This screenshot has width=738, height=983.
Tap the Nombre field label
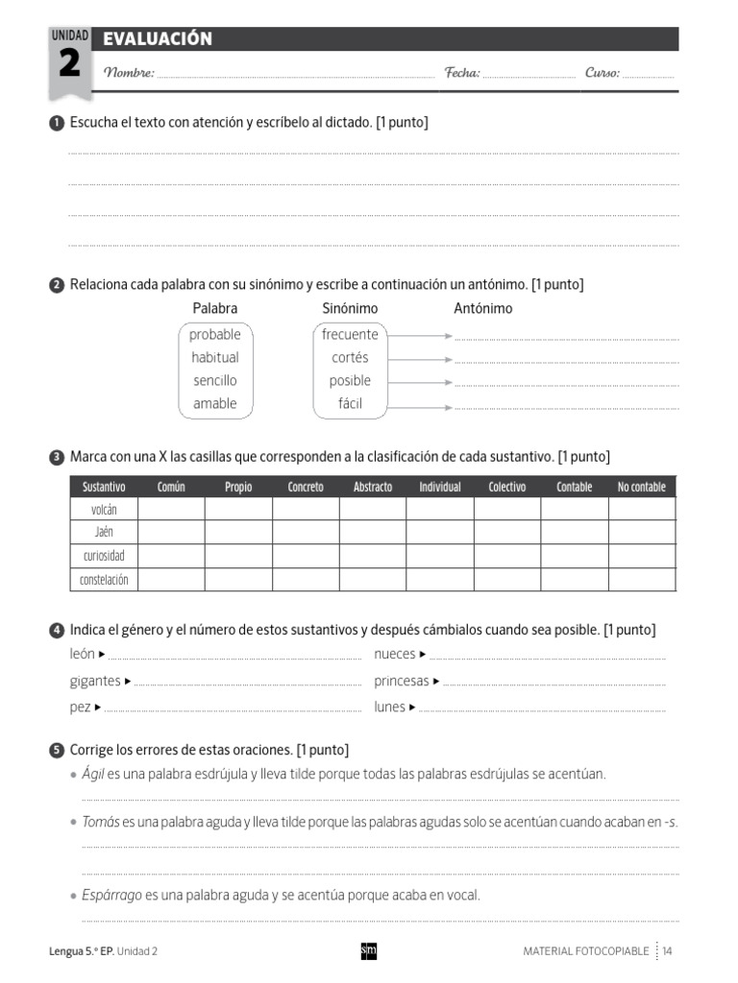pyautogui.click(x=129, y=73)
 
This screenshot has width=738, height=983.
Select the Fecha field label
pyautogui.click(x=461, y=73)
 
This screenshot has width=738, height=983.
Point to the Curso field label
pyautogui.click(x=603, y=73)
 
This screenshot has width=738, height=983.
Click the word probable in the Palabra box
pyautogui.click(x=215, y=334)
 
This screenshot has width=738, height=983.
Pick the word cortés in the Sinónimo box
pyautogui.click(x=350, y=357)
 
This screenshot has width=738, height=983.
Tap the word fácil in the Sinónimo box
pyautogui.click(x=350, y=403)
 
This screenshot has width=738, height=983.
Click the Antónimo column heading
pyautogui.click(x=482, y=308)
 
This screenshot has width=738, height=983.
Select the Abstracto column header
pyautogui.click(x=373, y=487)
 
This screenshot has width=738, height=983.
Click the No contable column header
pyautogui.click(x=641, y=487)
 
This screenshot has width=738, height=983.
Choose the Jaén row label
pyautogui.click(x=104, y=532)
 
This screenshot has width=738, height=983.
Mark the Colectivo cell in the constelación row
pyautogui.click(x=507, y=579)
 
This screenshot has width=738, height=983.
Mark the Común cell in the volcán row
pyautogui.click(x=171, y=509)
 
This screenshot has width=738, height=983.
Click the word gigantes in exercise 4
pyautogui.click(x=95, y=681)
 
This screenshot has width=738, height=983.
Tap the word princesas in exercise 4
pyautogui.click(x=402, y=681)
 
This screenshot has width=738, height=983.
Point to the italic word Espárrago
pyautogui.click(x=111, y=895)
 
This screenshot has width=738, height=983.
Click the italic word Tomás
pyautogui.click(x=101, y=822)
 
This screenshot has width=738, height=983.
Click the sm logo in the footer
pyautogui.click(x=368, y=950)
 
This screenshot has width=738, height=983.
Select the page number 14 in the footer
pyautogui.click(x=667, y=950)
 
